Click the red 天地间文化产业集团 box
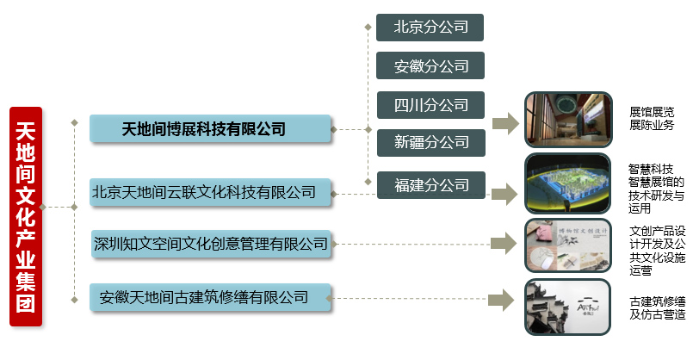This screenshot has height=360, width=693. (27, 217)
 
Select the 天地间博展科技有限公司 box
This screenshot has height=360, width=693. (210, 130)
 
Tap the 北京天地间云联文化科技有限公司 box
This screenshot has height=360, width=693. (210, 191)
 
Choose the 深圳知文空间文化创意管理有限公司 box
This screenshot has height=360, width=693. (210, 245)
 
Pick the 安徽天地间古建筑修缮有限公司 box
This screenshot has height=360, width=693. (210, 298)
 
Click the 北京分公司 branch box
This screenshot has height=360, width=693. (430, 28)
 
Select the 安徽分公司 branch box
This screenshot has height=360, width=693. (430, 66)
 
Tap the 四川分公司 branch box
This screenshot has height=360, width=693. (430, 105)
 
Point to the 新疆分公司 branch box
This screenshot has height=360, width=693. (430, 142)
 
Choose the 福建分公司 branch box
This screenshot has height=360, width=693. (430, 184)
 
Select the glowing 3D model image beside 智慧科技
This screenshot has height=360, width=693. (568, 183)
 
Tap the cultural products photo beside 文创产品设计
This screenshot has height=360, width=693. (568, 245)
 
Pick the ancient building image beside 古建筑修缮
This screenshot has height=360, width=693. (568, 307)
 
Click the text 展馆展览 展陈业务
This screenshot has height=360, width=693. (652, 119)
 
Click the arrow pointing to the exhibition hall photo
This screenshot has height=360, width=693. (505, 123)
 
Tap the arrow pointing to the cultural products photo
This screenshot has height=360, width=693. (505, 244)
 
